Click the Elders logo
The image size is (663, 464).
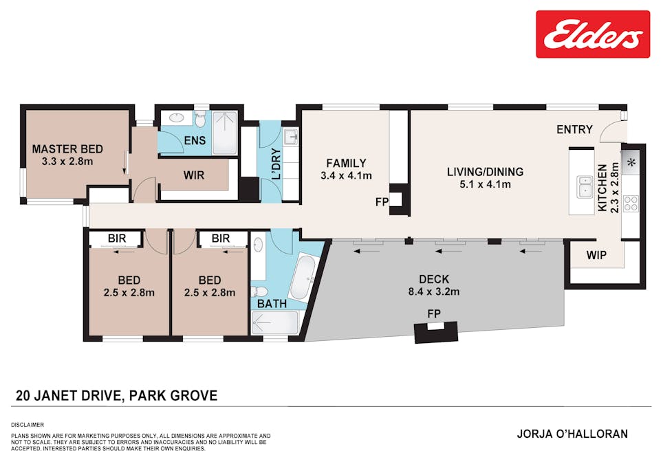point(593,34)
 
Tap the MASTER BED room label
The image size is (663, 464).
point(67,149)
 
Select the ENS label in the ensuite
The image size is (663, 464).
point(182,141)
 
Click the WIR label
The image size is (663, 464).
point(194,175)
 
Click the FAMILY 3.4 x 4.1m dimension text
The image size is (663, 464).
point(346,175)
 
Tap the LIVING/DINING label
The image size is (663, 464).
point(485,172)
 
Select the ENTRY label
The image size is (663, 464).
point(574,129)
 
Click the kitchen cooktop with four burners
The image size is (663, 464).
point(631,203)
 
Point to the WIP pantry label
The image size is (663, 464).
point(596,255)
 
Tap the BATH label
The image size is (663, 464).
point(272,303)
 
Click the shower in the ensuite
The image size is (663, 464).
point(224,133)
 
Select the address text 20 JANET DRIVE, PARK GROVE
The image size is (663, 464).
point(117,396)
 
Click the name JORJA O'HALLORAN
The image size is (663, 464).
point(572,434)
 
